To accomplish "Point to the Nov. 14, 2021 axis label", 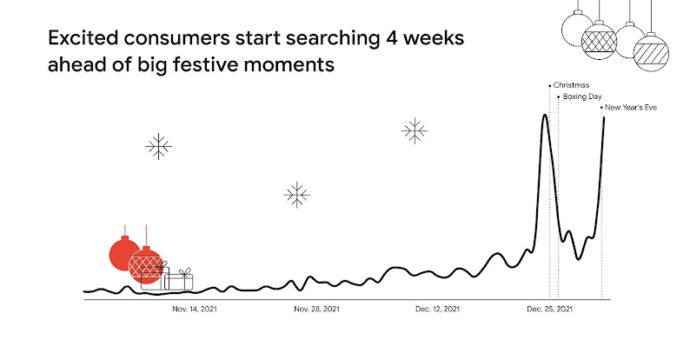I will click(194, 309).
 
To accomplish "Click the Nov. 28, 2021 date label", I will click(316, 309).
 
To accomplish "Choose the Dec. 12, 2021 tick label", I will click(439, 309).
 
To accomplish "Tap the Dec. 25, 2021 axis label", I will click(550, 309).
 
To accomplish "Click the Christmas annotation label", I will click(571, 84).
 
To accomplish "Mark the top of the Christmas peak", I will click(545, 115).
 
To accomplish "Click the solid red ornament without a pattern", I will click(124, 253).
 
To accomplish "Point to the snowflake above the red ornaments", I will click(158, 147).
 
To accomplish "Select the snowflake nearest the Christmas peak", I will click(415, 131).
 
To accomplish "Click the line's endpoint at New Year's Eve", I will click(603, 117).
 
